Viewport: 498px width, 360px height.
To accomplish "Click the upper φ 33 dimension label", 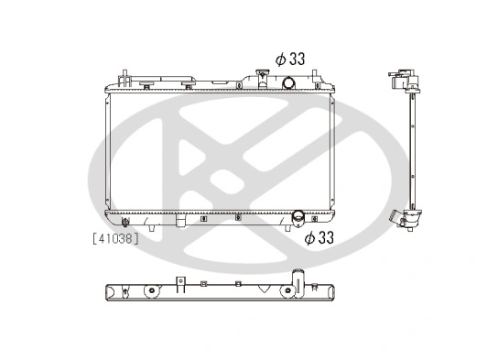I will pos(290,58).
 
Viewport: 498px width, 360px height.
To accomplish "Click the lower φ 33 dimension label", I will pos(318,238).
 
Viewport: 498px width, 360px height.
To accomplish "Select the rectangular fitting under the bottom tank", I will pos(182,222).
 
